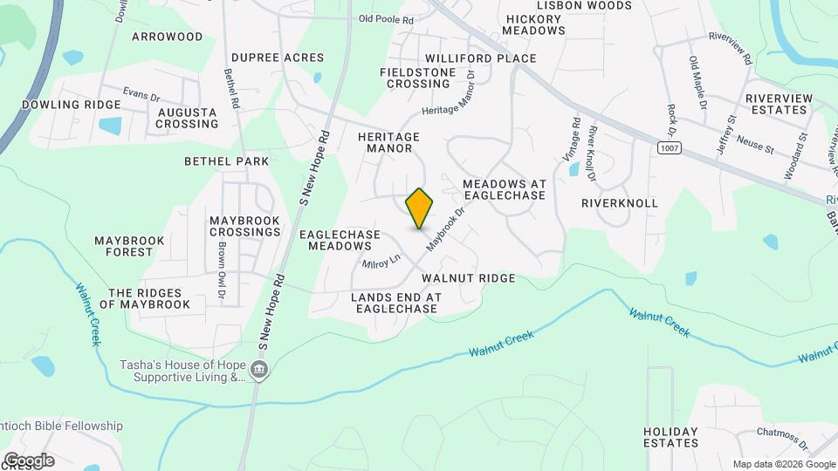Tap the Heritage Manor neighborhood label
(389, 143)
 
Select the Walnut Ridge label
(469, 278)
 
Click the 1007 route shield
(669, 149)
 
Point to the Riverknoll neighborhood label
(620, 203)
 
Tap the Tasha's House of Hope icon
(258, 371)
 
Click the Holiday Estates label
(671, 437)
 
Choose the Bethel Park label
(227, 161)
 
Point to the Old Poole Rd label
(385, 18)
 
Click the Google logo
(29, 461)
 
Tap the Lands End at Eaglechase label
(395, 304)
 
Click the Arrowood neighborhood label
(168, 37)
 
